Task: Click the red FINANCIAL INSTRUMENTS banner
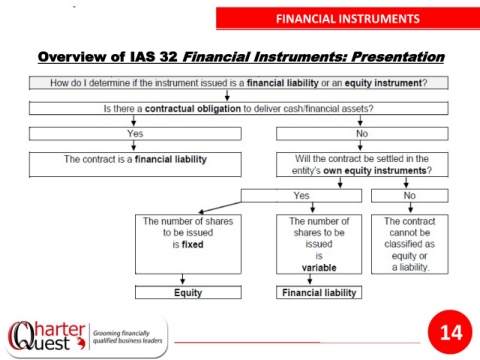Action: (348, 19)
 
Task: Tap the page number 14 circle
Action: (450, 332)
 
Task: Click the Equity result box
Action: (188, 292)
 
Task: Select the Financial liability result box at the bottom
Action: (319, 292)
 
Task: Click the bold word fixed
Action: (193, 244)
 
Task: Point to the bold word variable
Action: (319, 268)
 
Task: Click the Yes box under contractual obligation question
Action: (135, 134)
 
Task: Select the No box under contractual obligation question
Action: (362, 134)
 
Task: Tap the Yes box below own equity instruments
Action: (301, 196)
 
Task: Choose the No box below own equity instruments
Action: (410, 196)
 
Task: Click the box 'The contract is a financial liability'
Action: (135, 165)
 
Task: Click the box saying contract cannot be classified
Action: (410, 244)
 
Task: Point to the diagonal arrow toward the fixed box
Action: (220, 207)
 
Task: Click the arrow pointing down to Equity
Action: (182, 279)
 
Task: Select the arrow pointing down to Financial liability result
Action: (310, 279)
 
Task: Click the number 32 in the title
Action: (168, 57)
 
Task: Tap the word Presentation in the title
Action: (398, 57)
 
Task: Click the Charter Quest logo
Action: (47, 336)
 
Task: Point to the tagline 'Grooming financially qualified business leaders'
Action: (128, 337)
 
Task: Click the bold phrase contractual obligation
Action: (193, 109)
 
